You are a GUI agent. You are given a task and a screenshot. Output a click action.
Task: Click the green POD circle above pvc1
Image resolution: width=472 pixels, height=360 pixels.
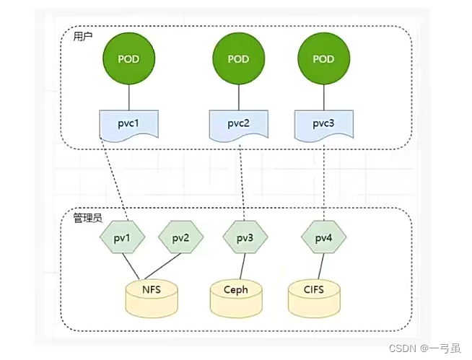tap(129, 58)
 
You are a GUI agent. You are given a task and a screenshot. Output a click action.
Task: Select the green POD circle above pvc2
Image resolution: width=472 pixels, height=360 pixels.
tap(239, 58)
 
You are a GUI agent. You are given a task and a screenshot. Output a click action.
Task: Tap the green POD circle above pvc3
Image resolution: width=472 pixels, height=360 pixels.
tap(324, 58)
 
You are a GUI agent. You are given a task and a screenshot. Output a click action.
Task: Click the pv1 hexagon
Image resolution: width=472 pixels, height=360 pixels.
tap(122, 237)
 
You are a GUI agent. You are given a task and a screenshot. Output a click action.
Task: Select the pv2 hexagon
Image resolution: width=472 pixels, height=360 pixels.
tap(181, 237)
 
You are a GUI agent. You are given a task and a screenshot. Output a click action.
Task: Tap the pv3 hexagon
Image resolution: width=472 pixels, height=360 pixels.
tap(245, 237)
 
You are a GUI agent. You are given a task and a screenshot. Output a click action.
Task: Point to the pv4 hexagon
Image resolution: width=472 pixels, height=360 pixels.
tap(324, 237)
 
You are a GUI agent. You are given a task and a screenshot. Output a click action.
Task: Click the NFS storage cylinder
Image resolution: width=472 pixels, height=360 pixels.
tap(152, 298)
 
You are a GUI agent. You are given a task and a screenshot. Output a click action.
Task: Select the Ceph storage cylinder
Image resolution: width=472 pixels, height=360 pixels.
tap(236, 298)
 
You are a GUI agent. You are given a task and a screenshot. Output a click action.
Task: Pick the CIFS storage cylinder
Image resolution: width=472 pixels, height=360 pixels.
tap(314, 298)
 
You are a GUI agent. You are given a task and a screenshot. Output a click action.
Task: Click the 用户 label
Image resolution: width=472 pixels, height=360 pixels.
tap(83, 37)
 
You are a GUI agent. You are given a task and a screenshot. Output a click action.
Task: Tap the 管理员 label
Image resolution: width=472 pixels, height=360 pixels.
tap(88, 218)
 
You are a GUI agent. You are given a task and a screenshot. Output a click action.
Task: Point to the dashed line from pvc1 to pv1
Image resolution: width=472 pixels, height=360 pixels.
tap(115, 179)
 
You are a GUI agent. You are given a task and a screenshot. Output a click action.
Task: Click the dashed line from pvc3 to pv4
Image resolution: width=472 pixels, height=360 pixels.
tap(324, 183)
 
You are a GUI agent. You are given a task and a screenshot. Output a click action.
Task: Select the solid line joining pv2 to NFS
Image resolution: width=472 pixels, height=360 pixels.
tap(162, 266)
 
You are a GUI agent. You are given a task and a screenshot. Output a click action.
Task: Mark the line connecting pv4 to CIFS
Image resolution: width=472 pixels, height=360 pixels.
tap(321, 266)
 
